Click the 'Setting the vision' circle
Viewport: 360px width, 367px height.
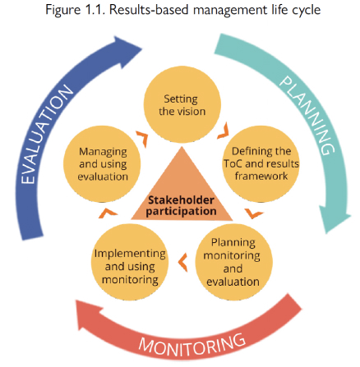(x=181, y=104)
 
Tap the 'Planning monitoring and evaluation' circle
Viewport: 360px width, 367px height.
(x=232, y=262)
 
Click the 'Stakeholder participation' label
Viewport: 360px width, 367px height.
(x=182, y=204)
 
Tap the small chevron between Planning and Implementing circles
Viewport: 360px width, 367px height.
(x=182, y=264)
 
